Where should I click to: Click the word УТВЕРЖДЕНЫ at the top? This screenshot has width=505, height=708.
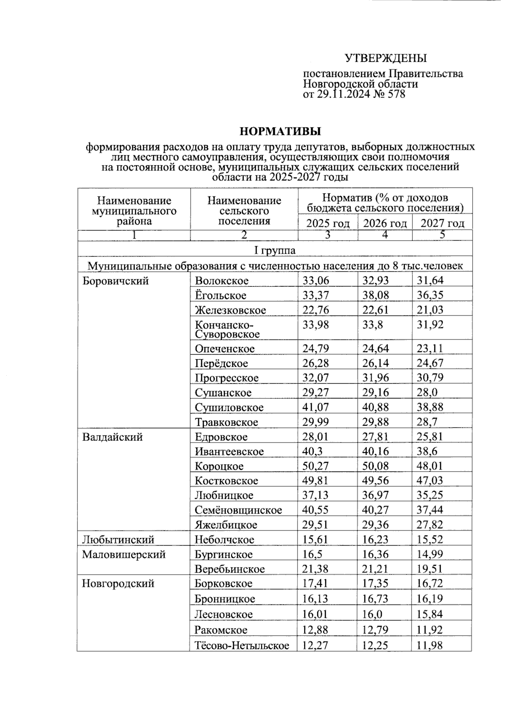pos(385,58)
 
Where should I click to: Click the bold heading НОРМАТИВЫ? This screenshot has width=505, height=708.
pos(280,131)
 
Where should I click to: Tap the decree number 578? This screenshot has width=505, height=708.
pos(397,94)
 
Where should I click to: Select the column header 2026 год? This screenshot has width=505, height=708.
pos(385,223)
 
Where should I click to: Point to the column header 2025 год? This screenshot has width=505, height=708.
pos(328,223)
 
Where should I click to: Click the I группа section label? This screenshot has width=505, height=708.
pos(275,250)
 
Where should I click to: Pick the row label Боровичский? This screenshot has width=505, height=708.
pos(115,281)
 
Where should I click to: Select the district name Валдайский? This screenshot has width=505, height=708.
pos(112,437)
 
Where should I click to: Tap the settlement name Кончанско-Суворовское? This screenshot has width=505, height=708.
pos(227,329)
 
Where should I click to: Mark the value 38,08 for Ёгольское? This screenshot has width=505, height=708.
pos(376,295)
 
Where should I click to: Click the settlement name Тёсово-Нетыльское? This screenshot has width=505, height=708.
pos(242,645)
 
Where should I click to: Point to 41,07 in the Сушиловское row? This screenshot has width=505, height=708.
pos(316,407)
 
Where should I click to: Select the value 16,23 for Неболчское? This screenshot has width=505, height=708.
pos(376,539)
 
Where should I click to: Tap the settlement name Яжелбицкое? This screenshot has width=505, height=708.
pos(226,525)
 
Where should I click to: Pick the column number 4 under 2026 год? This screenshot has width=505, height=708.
pos(384,235)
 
